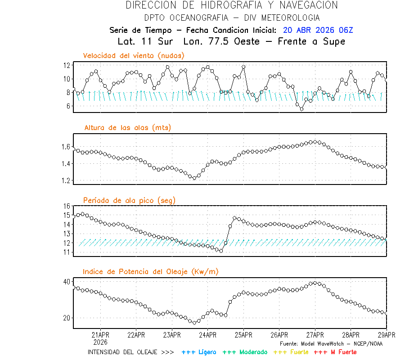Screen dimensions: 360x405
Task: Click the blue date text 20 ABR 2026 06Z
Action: coord(318,30)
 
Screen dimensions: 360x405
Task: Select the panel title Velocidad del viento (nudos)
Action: coord(134,56)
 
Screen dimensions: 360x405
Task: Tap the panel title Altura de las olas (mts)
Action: coord(128,128)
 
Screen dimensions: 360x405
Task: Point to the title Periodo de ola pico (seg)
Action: coord(129,200)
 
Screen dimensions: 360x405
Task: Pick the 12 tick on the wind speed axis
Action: coord(67,65)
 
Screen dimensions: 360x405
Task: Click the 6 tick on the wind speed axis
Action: coord(68,106)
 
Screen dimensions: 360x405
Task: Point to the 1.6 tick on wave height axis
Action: coord(66,147)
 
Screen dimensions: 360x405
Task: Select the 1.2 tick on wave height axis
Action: coord(66,180)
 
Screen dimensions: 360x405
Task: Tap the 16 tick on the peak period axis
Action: coord(67,206)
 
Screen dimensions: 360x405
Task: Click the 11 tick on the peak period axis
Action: coord(67,252)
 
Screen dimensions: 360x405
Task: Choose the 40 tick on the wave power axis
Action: coord(67,282)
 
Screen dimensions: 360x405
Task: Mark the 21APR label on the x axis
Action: coord(100,335)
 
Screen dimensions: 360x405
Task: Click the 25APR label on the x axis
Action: coord(243,335)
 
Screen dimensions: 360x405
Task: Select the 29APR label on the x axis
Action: coord(386,335)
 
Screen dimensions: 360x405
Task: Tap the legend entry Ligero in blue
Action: coord(199,352)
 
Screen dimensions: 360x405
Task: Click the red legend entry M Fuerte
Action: coord(335,352)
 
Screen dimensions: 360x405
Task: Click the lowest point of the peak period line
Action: coord(221,251)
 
